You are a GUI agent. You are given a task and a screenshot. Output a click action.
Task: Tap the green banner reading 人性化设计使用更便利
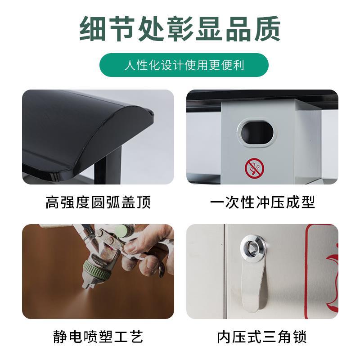pos(184,65)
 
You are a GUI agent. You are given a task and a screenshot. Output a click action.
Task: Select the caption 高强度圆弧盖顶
pos(98,202)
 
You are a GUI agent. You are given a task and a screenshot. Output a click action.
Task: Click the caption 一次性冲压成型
pos(262,202)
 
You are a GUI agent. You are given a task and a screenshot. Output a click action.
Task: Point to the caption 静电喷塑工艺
pos(98,336)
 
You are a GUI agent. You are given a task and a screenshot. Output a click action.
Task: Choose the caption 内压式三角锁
pos(262,336)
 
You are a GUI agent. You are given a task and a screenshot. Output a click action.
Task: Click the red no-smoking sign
pos(254,167)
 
